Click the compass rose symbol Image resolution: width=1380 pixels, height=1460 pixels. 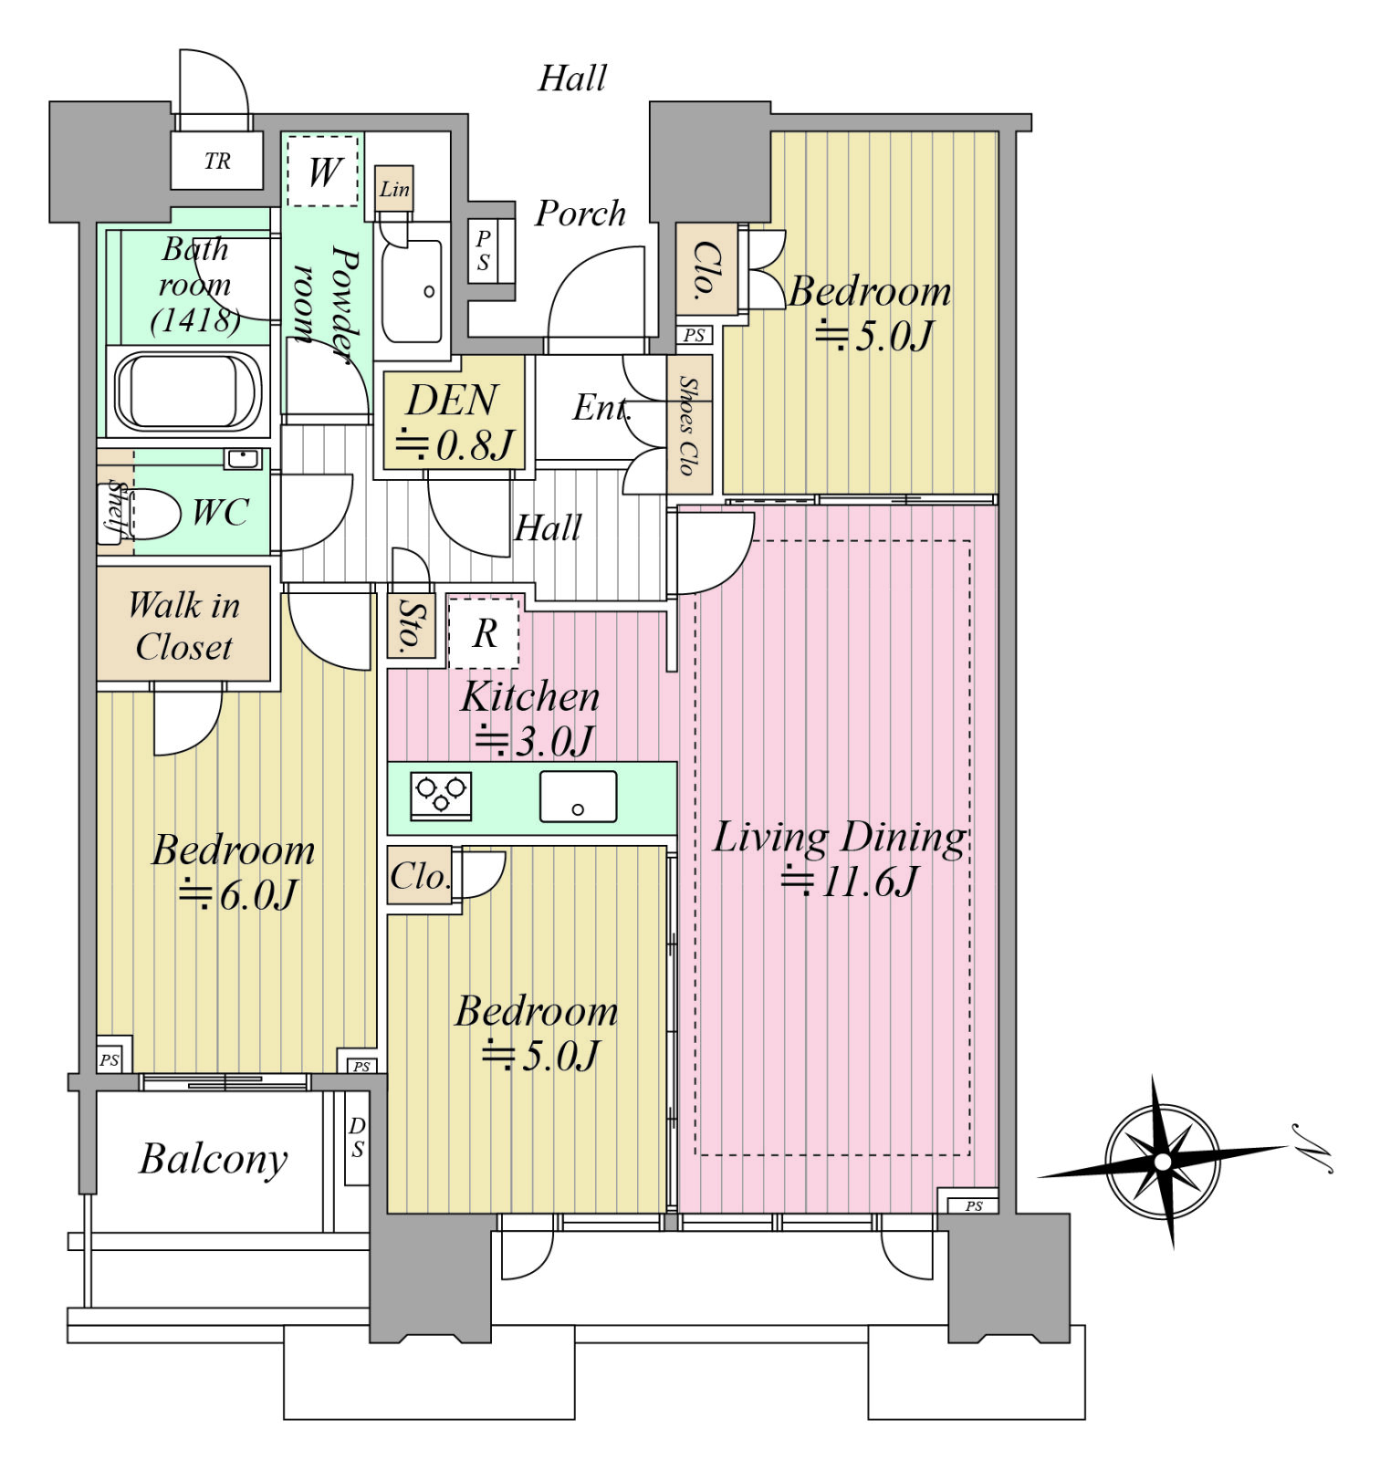pos(1162,1162)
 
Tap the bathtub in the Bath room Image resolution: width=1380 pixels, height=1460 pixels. pos(187,391)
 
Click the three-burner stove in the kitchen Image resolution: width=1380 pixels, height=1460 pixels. pos(441,796)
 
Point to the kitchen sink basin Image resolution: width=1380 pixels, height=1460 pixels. pos(578,797)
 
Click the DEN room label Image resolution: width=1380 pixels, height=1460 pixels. pos(454,421)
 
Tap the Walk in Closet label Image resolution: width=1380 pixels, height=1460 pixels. pos(183,626)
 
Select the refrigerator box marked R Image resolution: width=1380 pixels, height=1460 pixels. pos(484,632)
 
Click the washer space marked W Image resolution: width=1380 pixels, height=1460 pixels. pos(323,171)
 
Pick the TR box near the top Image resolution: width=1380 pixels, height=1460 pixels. pos(217,161)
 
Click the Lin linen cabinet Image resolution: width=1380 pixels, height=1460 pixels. pos(394,189)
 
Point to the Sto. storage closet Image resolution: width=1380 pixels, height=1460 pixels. pos(410,625)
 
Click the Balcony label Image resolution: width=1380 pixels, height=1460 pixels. pos(214,1159)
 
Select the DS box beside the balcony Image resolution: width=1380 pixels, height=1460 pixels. pos(357,1137)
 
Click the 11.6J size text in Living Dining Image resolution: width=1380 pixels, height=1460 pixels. pos(850,881)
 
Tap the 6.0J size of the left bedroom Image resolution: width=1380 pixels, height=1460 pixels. pos(238,894)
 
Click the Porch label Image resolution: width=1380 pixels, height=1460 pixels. pos(580,214)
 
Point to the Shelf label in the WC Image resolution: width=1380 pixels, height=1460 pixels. pos(117,509)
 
